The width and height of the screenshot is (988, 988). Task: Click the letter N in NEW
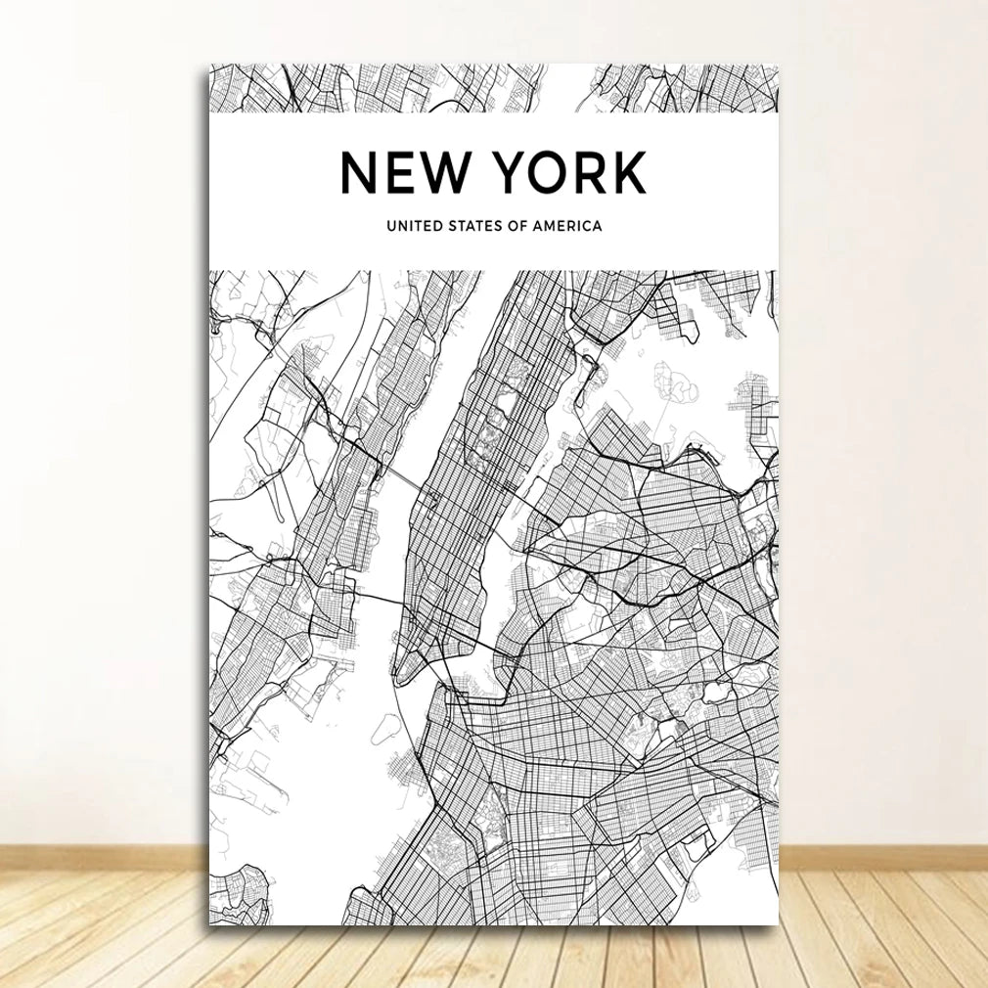point(358,172)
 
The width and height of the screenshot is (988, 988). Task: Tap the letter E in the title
point(402,172)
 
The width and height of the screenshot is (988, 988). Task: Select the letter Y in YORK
point(510,172)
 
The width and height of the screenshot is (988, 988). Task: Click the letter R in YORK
point(593,172)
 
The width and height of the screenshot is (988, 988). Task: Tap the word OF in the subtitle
point(516,226)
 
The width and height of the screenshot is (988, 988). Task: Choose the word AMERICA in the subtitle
point(566,226)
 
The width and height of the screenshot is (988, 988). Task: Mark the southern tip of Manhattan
point(409,675)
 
